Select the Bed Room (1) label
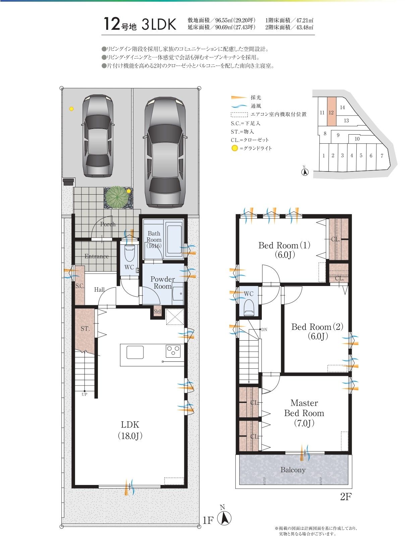(x=285, y=250)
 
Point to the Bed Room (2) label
(x=317, y=331)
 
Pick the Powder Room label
(x=163, y=283)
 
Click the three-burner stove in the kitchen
(x=173, y=351)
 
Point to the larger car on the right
(x=165, y=152)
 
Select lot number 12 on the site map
(x=331, y=113)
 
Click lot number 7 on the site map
(x=382, y=156)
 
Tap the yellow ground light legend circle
(x=235, y=148)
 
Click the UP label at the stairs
(x=84, y=394)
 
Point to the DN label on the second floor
(x=264, y=330)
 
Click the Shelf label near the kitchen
(x=157, y=311)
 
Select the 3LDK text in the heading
(x=159, y=24)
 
